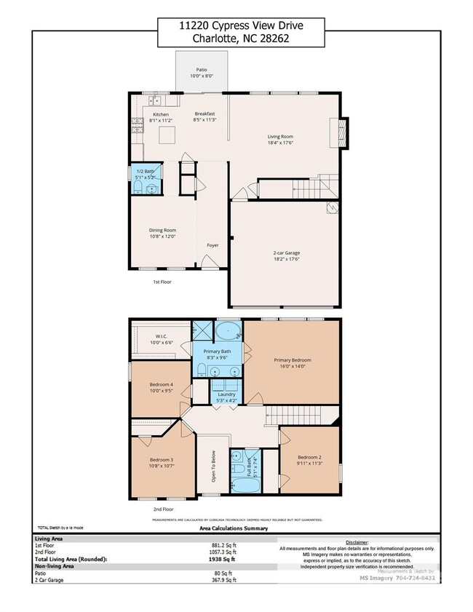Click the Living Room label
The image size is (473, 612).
pos(280,135)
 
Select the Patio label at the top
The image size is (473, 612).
pos(202,70)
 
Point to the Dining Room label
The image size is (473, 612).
pos(162,231)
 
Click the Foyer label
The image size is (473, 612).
pos(212,245)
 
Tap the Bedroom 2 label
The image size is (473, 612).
pos(309,459)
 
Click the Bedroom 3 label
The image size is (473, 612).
pos(162,460)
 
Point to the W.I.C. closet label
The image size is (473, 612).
pos(162,336)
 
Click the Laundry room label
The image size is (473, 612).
pos(226,394)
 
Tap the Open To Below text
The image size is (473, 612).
pos(214,467)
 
